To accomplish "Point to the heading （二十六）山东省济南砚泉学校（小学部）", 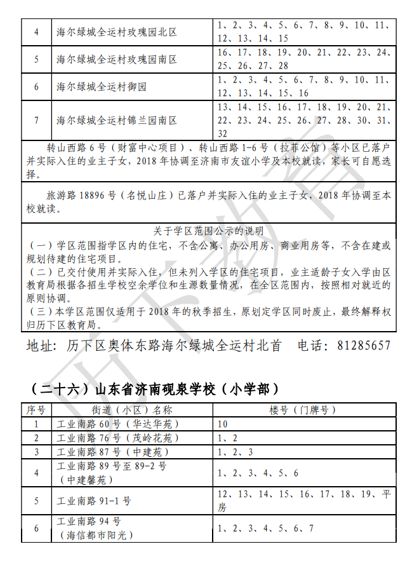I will pyautogui.click(x=156, y=388).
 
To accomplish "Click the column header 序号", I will pyautogui.click(x=36, y=410).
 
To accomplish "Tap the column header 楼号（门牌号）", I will pyautogui.click(x=302, y=410).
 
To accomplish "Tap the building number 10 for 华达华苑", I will pyautogui.click(x=222, y=424).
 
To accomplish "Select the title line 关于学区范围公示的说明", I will pyautogui.click(x=209, y=231).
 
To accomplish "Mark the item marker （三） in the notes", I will pyautogui.click(x=41, y=312).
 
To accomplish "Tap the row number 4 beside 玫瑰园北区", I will pyautogui.click(x=36, y=32).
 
